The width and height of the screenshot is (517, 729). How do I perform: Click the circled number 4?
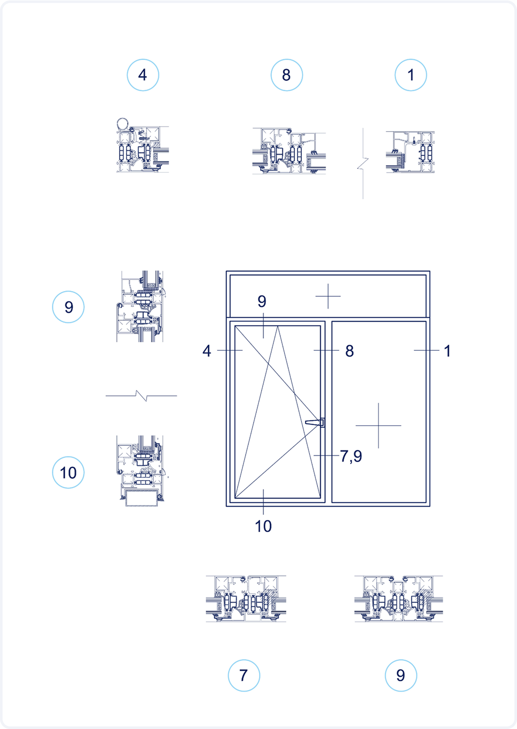143,75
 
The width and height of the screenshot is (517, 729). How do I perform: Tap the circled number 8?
287,75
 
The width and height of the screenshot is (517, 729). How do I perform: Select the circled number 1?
411,75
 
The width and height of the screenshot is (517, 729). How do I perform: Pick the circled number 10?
68,472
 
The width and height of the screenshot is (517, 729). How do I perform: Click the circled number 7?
244,675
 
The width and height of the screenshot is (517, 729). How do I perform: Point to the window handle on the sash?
315,423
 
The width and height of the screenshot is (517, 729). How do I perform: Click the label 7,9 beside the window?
351,456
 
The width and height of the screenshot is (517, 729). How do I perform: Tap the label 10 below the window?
263,526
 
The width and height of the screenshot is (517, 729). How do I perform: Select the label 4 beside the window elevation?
207,351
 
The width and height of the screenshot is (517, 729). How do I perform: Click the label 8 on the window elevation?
349,351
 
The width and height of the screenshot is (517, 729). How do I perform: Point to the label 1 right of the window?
447,351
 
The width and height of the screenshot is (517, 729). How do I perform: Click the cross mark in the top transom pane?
328,296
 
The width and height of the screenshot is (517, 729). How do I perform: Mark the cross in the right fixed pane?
378,426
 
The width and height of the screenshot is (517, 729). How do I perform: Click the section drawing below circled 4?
143,145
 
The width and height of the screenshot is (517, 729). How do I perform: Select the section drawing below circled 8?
289,151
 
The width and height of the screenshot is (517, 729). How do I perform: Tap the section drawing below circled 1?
410,152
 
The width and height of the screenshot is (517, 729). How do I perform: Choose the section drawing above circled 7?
246,598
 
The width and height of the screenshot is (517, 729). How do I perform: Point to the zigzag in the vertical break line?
363,164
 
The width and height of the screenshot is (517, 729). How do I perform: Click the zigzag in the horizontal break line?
142,396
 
